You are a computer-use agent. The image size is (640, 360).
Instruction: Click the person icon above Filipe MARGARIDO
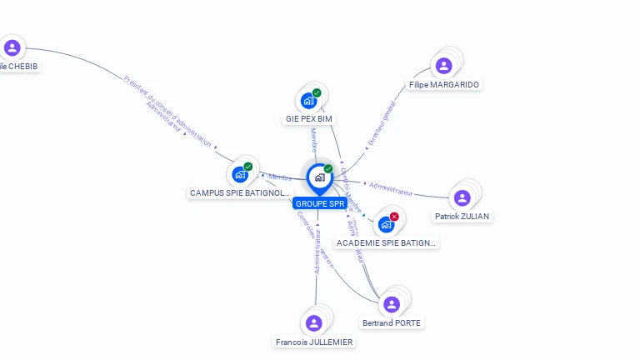click(x=444, y=66)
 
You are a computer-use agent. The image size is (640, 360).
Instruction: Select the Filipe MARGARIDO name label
click(x=445, y=84)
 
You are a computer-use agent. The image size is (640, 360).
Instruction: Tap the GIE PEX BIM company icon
click(x=309, y=101)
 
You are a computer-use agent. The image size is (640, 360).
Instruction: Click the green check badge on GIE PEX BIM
click(x=317, y=92)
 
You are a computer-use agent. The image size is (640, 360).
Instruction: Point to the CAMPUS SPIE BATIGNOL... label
click(x=240, y=192)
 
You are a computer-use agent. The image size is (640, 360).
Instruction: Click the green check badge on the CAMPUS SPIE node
click(x=247, y=167)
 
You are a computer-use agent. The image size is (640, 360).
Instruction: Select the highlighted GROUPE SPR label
click(x=319, y=203)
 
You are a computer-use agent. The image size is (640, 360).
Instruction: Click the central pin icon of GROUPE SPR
click(x=319, y=177)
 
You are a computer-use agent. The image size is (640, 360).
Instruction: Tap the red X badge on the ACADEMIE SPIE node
click(x=394, y=217)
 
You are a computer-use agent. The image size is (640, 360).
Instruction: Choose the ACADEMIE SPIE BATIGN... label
click(x=386, y=242)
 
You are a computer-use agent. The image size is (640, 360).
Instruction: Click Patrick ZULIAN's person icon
click(x=462, y=197)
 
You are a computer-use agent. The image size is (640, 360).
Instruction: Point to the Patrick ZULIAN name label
click(x=462, y=216)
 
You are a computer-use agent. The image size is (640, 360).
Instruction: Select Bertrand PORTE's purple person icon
click(x=392, y=305)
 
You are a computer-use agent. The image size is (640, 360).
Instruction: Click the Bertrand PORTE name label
click(x=392, y=322)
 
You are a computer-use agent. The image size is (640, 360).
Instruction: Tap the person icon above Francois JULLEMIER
click(x=314, y=323)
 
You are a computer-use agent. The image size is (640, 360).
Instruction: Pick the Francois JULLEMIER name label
click(x=314, y=342)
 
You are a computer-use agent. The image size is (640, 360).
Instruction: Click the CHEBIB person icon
click(x=12, y=47)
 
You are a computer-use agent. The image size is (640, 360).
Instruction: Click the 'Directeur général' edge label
click(x=382, y=123)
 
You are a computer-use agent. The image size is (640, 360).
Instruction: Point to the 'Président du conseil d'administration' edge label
click(x=167, y=112)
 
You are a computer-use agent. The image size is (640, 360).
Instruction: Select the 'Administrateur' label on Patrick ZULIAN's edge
click(x=391, y=188)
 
